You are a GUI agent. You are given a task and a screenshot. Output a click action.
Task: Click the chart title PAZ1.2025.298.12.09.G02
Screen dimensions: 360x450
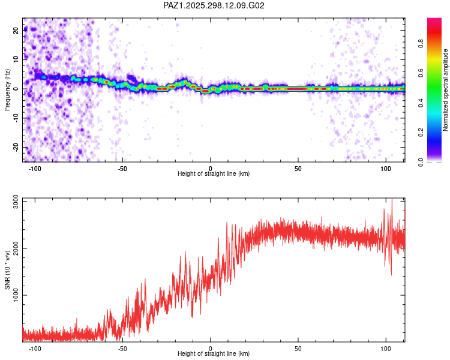coord(214,5)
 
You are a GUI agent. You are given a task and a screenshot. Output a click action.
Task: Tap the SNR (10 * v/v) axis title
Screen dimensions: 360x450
coord(7,270)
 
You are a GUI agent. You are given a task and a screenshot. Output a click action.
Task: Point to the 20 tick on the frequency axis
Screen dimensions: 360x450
coord(16,30)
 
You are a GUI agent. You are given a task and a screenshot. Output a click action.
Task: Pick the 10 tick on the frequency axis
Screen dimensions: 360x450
coord(16,59)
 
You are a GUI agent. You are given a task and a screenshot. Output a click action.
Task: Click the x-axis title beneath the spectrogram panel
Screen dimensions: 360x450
coord(214,174)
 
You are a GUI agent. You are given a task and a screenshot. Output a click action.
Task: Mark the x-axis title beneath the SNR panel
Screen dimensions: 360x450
coord(214,354)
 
